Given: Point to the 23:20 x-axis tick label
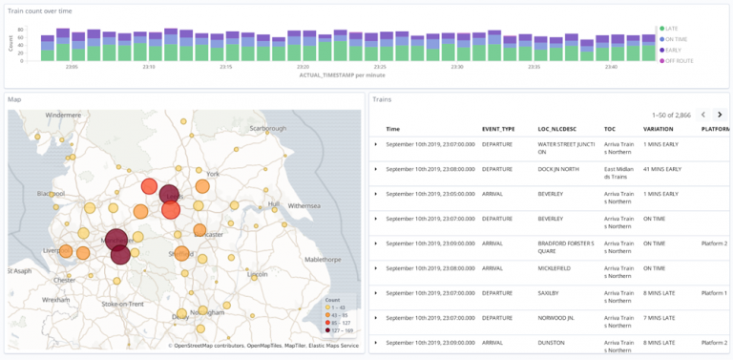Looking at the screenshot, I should coord(303,67).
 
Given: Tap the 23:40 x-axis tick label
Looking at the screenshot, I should coord(611,67).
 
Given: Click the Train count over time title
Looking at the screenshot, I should coord(45,10).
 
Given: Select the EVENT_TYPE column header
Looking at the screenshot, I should coord(498,129).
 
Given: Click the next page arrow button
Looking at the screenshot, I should coord(720,115).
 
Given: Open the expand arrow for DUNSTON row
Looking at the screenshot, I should coord(376,343).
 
